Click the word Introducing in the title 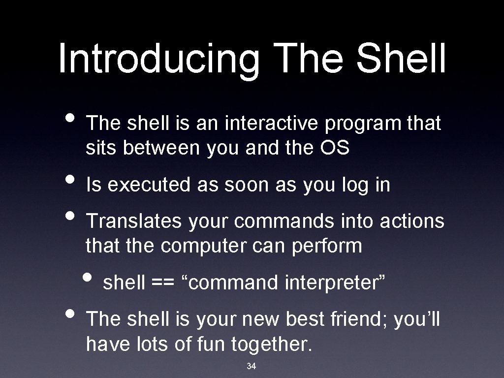click(158, 58)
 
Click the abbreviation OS click(336, 148)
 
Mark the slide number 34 click(252, 366)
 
